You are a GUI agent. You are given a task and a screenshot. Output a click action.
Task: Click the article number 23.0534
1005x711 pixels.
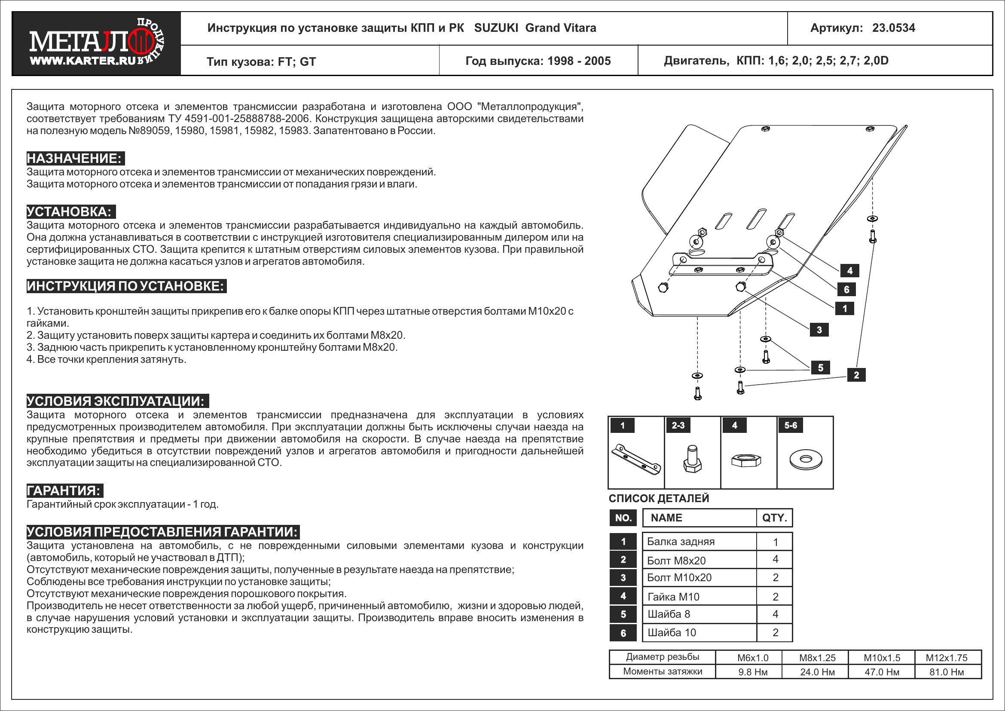point(893,28)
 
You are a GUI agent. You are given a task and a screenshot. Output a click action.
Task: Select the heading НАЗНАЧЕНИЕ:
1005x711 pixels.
point(75,158)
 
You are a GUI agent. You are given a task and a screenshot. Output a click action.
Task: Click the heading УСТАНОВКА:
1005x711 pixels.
point(71,211)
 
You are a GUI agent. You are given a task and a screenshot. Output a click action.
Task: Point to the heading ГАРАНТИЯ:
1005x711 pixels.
point(65,490)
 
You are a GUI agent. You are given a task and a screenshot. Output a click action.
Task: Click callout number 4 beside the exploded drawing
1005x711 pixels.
point(849,270)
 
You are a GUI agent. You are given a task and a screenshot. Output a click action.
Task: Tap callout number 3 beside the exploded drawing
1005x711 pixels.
point(819,330)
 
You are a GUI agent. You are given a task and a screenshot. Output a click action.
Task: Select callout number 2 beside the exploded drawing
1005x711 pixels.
point(856,375)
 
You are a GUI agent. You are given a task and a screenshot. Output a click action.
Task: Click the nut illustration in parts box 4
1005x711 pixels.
point(746,460)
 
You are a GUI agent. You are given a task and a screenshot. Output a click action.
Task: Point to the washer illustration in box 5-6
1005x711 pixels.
point(805,459)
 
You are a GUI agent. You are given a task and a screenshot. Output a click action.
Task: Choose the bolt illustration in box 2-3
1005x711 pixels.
point(692,459)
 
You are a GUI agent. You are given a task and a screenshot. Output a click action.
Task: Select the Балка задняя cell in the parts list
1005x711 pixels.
point(700,542)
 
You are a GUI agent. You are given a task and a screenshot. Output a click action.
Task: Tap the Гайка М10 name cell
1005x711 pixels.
point(700,597)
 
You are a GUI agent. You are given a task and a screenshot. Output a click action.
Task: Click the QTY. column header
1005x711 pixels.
point(774,518)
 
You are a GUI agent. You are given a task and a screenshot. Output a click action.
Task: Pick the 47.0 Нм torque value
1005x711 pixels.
point(882,672)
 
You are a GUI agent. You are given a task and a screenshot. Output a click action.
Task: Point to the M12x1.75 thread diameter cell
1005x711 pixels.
point(946,658)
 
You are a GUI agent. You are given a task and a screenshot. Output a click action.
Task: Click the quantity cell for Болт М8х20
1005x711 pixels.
point(775,559)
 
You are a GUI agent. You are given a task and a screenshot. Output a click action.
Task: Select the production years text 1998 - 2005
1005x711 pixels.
point(579,61)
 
